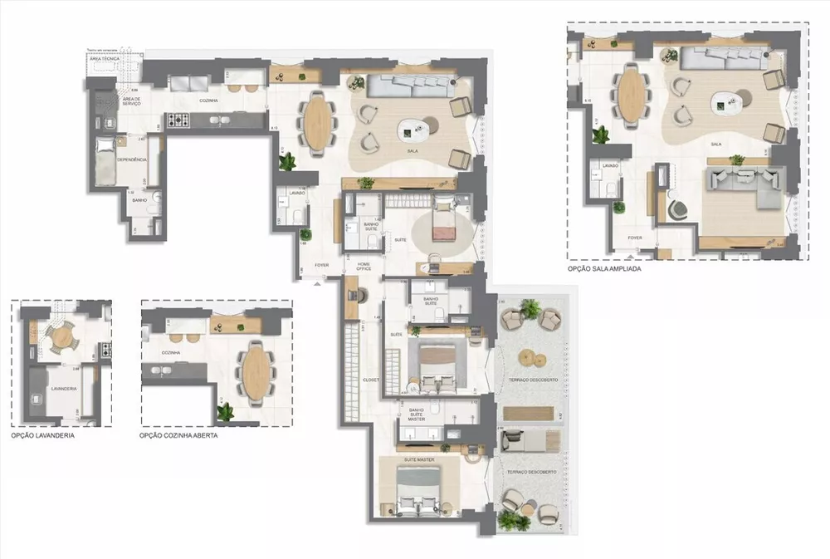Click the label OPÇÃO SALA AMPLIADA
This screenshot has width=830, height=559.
pos(604,269)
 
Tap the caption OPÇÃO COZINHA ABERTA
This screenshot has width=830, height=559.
pos(178,435)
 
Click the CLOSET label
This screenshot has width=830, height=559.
pos(370,380)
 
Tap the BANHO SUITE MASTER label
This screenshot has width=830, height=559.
pos(416,415)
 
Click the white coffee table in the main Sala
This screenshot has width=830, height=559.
pos(415,129)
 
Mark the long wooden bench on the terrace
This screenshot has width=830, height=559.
pos(528,413)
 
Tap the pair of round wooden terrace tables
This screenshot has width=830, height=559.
pos(531,359)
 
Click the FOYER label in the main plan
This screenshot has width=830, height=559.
pos(321,266)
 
